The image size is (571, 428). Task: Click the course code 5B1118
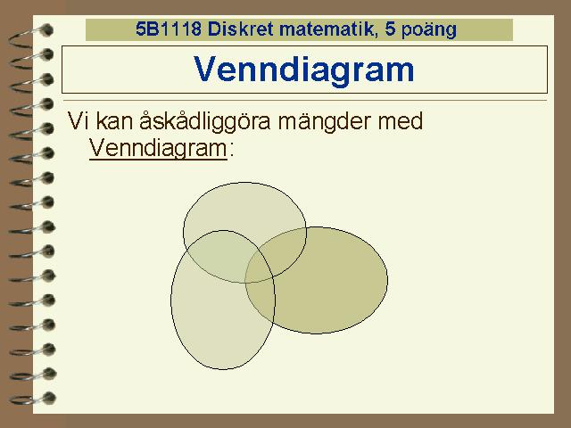pos(169,29)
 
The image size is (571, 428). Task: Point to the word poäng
pos(429,29)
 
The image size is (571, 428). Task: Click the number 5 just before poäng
pos(390,29)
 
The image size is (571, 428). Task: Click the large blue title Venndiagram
pos(304,70)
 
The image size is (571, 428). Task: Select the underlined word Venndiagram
pos(159,148)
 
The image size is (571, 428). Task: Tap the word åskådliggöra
pos(205,121)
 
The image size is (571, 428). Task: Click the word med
pos(400,121)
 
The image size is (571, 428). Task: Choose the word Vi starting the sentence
pos(78,121)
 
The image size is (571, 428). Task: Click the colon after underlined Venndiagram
pos(231,150)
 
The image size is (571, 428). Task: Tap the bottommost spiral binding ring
pos(32,399)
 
